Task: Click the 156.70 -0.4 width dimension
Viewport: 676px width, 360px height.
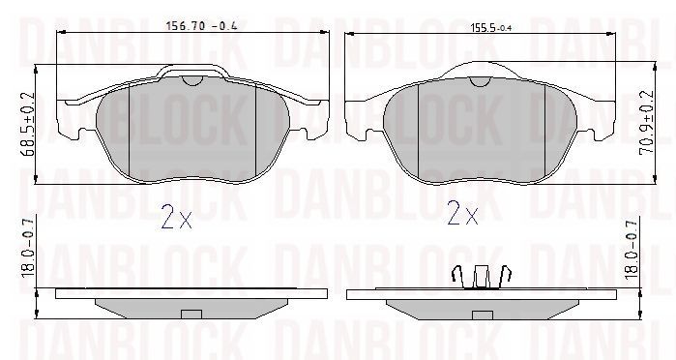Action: [201, 25]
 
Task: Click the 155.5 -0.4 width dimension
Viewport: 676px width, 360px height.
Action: [490, 28]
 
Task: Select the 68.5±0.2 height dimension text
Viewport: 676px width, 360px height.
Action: [28, 125]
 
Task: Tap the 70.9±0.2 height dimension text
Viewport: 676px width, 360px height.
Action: [646, 123]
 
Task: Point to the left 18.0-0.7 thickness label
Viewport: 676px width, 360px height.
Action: [28, 249]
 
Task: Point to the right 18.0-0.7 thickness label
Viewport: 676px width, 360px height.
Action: [631, 248]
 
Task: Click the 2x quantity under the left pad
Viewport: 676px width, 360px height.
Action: [176, 216]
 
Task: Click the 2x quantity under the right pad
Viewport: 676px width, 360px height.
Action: [462, 213]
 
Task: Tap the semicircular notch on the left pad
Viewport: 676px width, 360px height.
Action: [192, 80]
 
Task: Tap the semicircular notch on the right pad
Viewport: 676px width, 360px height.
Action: [481, 81]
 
